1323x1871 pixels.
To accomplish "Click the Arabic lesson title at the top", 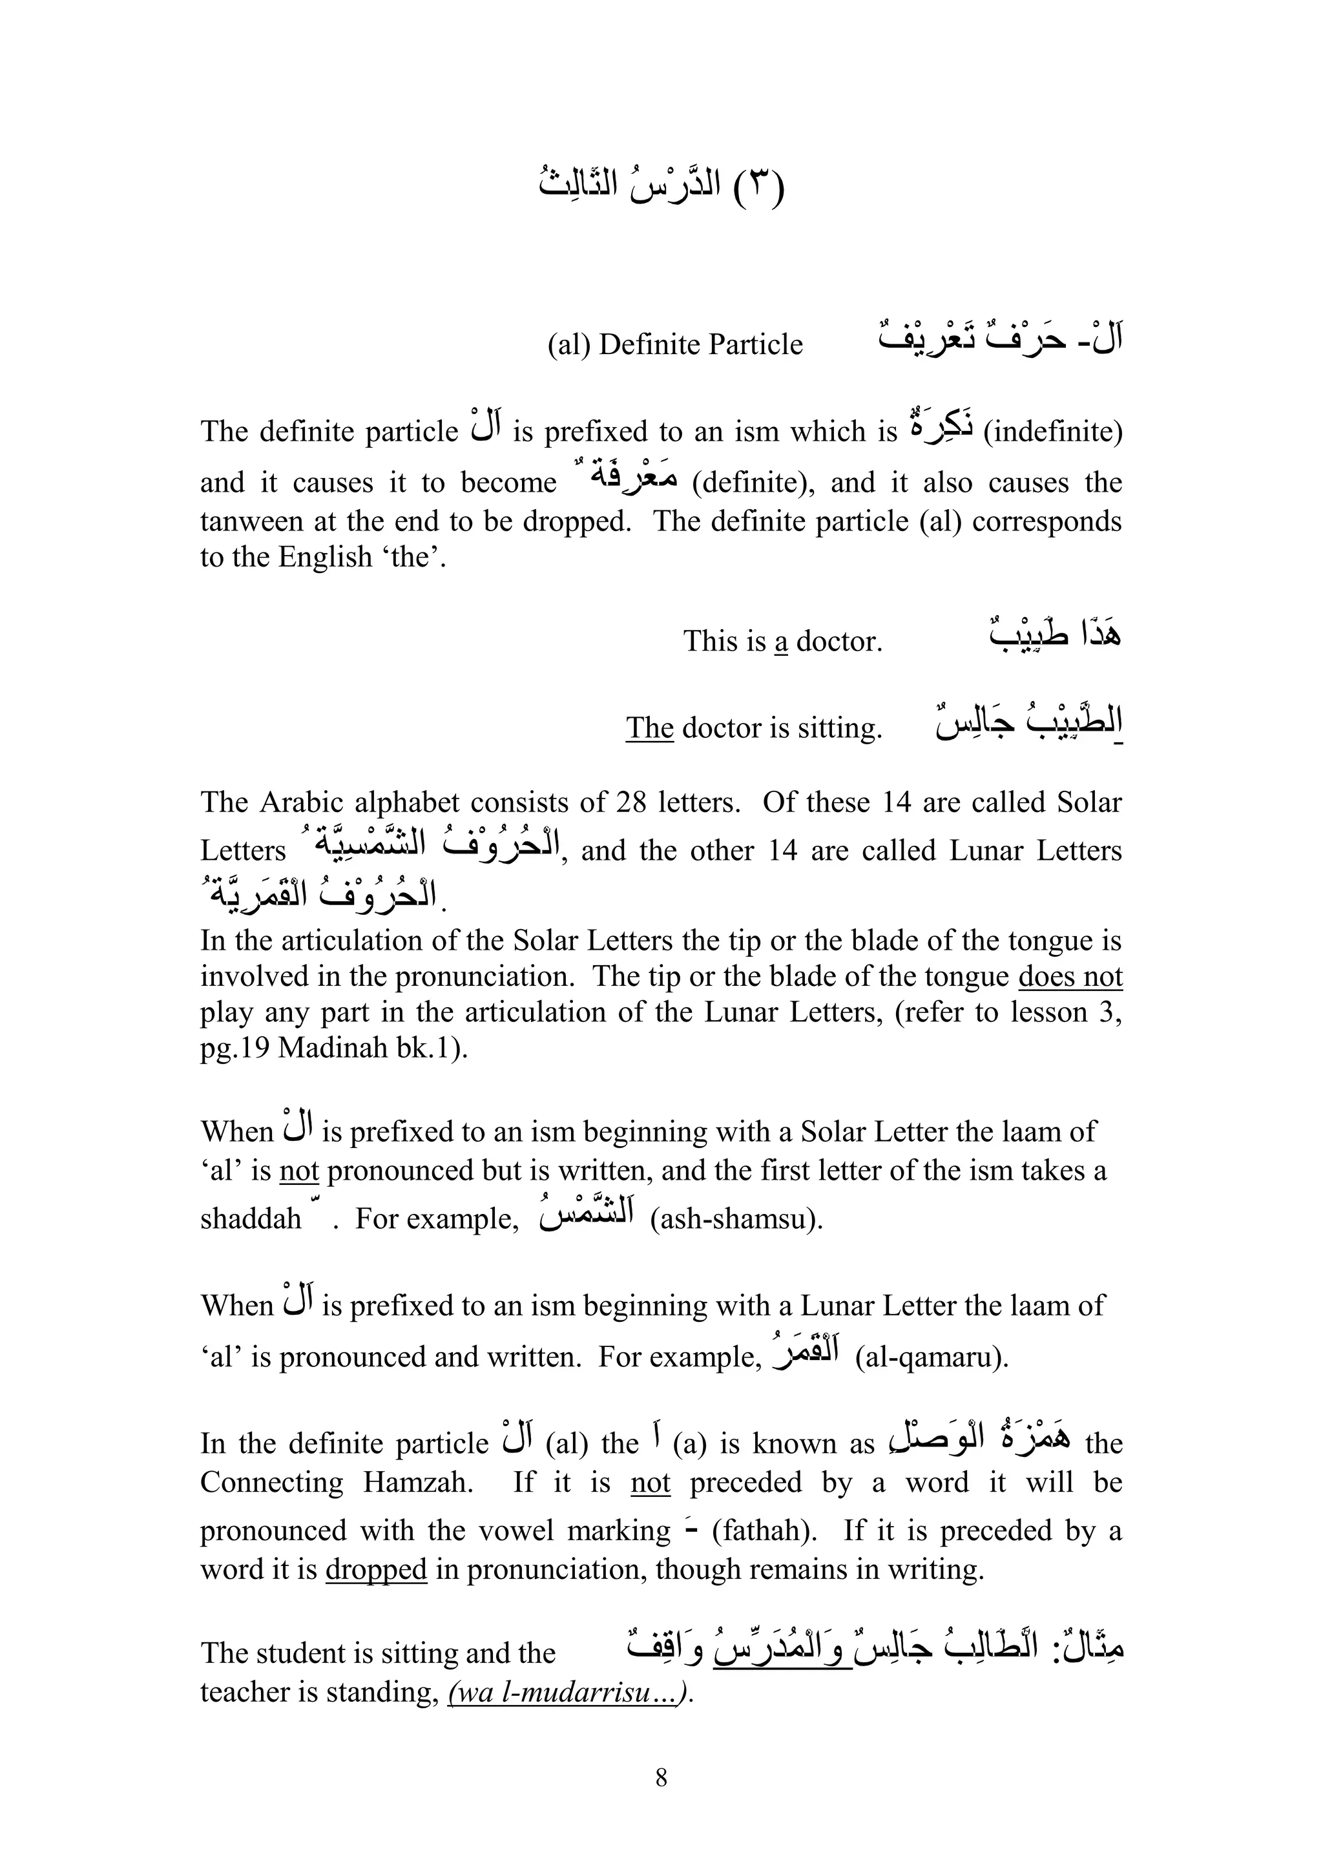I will click(661, 187).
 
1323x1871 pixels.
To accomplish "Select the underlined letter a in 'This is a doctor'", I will click(781, 642).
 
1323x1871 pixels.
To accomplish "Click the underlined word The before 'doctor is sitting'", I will click(649, 727).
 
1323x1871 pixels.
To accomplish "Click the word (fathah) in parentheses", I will click(765, 1531).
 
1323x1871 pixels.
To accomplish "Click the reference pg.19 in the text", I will click(234, 1048).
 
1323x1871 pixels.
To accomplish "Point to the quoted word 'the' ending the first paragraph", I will click(413, 558).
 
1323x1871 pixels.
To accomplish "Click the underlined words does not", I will click(1070, 976).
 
